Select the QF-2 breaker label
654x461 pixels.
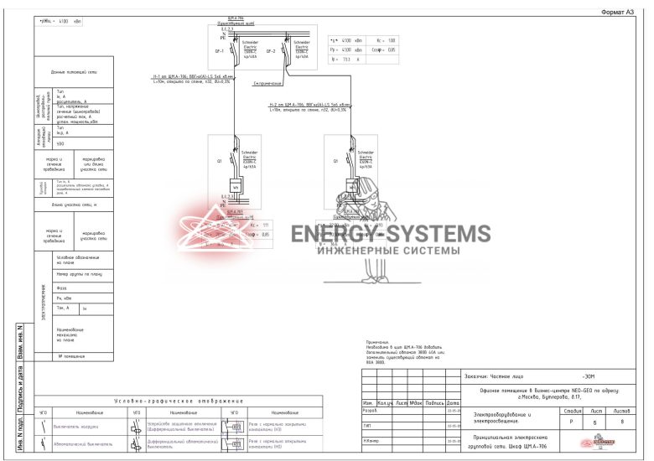tap(271, 50)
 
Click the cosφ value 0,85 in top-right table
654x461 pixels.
tap(392, 49)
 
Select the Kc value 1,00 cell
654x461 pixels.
tap(392, 40)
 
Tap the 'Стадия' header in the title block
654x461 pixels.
tap(573, 410)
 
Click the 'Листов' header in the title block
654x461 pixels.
tap(621, 410)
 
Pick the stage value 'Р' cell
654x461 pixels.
tap(573, 422)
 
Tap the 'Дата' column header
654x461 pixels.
tap(453, 403)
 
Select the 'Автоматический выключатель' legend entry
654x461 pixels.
tap(80, 446)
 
